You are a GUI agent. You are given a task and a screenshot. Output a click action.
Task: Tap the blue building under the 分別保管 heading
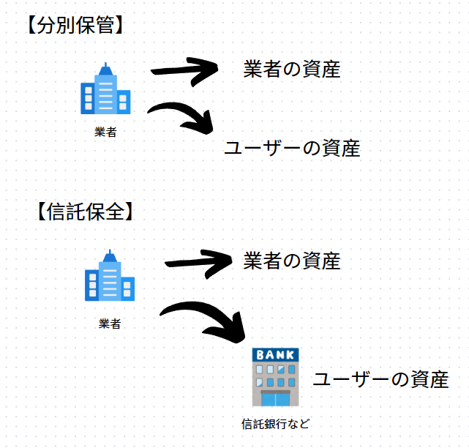[105, 91]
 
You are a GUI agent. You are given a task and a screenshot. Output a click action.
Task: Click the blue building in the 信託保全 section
[110, 277]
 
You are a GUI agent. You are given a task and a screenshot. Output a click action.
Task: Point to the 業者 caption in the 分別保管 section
[105, 132]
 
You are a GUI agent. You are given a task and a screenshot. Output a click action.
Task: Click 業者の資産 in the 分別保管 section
[291, 70]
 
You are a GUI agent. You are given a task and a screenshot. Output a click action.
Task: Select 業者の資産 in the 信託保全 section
[291, 261]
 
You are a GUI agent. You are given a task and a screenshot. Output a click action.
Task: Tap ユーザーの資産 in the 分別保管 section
[291, 149]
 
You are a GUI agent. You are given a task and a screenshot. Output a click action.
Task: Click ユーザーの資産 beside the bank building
[380, 380]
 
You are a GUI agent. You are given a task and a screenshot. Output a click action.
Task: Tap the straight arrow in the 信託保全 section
[196, 262]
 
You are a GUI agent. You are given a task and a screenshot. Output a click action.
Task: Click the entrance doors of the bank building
[276, 399]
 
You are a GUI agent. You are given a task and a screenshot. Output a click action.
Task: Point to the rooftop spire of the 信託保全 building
[110, 253]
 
